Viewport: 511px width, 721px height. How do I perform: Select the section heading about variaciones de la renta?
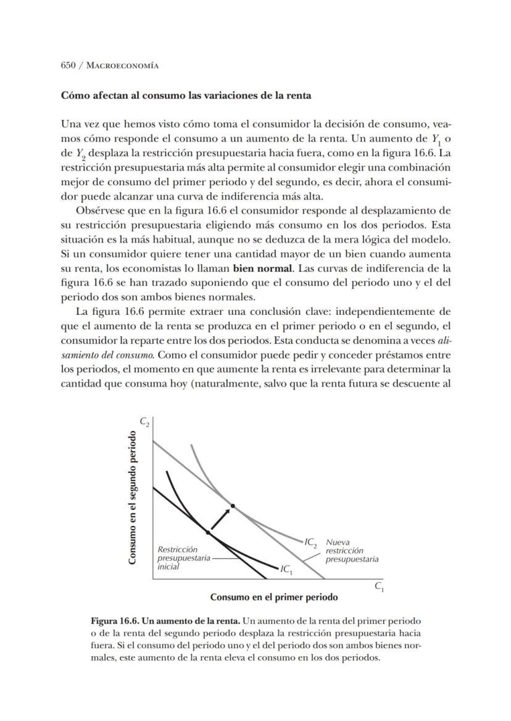(x=185, y=96)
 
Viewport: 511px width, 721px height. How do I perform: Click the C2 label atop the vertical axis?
(x=144, y=422)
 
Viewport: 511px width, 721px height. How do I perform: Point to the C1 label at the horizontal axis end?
(x=379, y=588)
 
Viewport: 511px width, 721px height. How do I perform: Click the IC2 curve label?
(x=310, y=543)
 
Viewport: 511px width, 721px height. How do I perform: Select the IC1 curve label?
(x=286, y=569)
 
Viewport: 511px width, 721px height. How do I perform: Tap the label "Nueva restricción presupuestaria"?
(x=351, y=550)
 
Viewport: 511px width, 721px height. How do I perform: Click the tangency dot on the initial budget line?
(x=208, y=531)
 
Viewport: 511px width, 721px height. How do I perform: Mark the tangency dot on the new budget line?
(x=233, y=506)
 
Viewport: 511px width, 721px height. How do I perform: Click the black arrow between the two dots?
(x=221, y=518)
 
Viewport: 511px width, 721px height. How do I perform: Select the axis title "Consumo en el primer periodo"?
(x=273, y=598)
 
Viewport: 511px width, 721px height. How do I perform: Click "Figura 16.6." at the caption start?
(x=112, y=619)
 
